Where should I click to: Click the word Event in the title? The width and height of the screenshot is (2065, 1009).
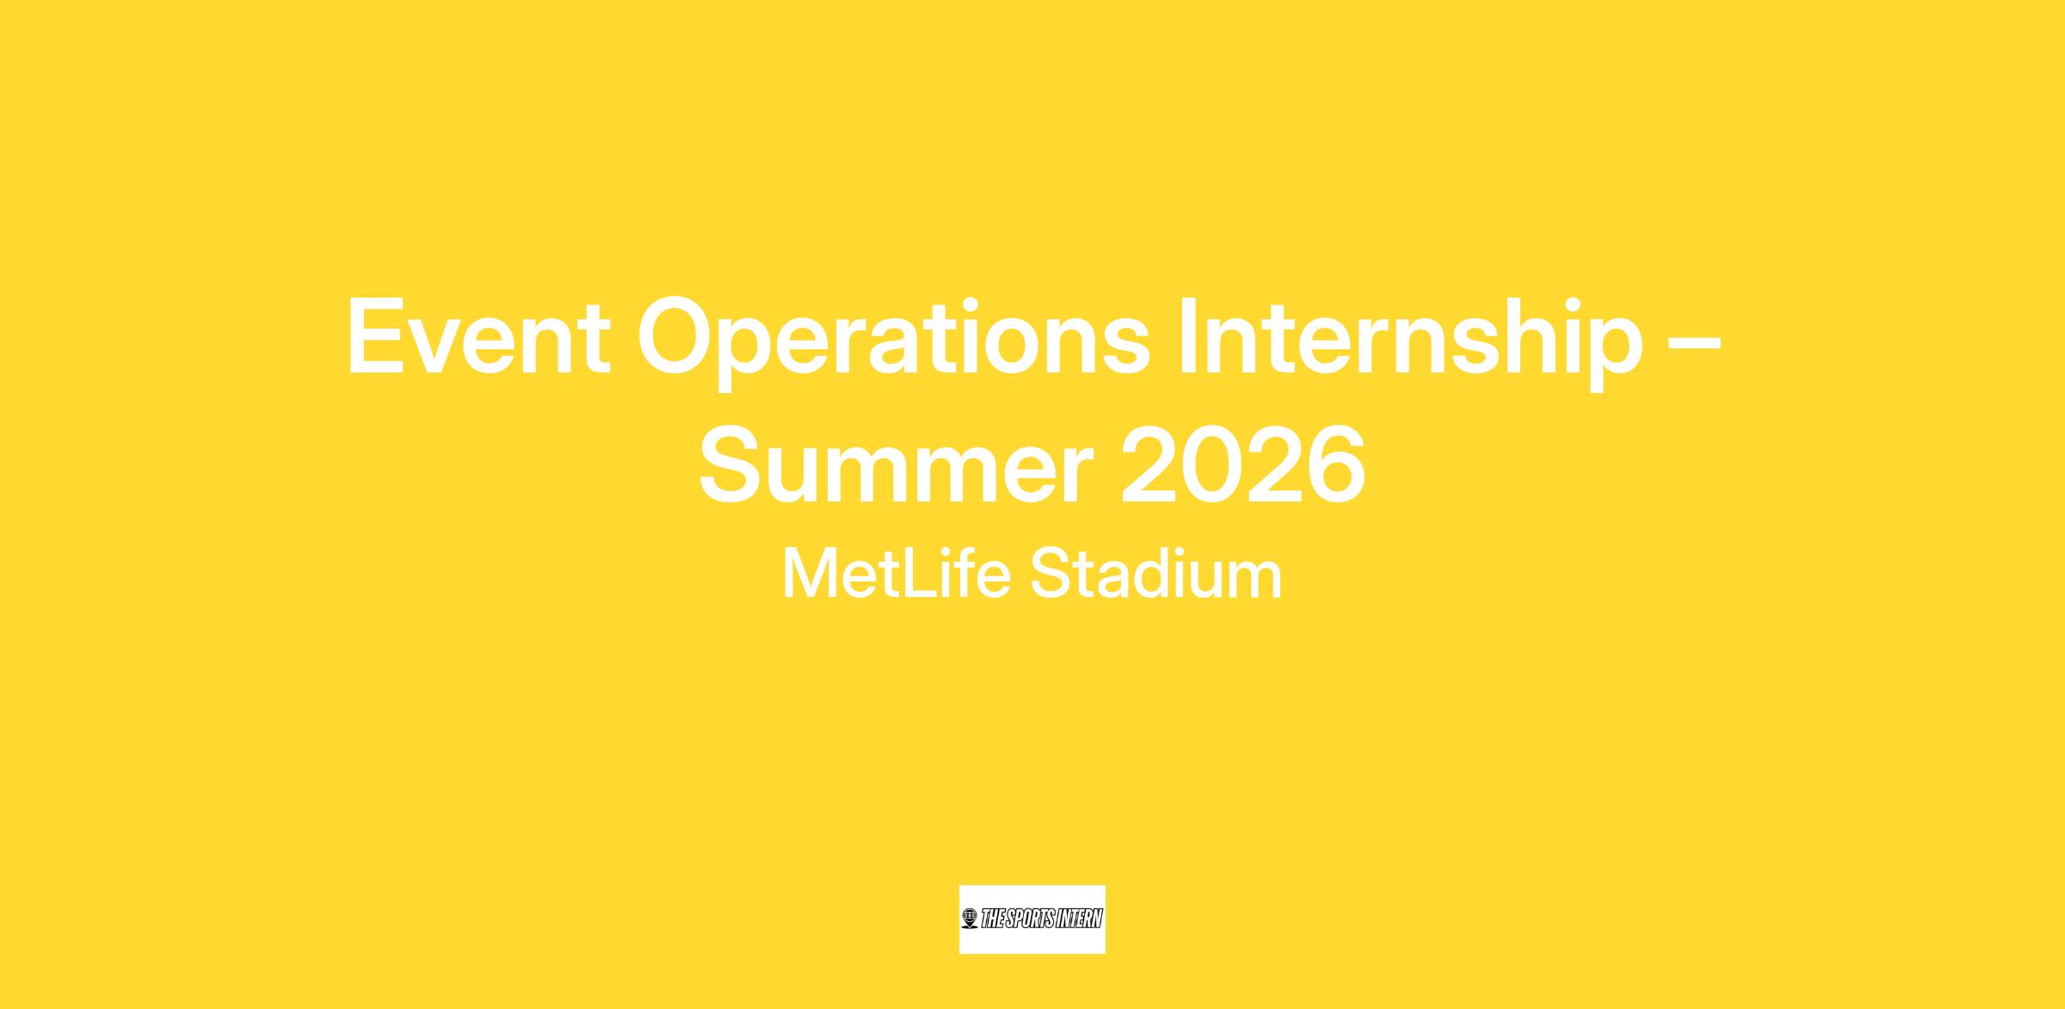point(478,336)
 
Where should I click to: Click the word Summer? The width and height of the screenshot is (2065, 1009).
point(896,465)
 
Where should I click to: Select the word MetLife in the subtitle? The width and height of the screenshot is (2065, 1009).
point(896,574)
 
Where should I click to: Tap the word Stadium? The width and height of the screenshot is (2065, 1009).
point(1156,574)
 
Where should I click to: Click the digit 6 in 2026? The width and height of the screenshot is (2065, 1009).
point(1336,465)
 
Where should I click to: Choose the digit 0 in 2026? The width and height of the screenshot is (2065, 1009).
point(1211,465)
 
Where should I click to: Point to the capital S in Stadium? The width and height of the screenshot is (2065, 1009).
point(1050,574)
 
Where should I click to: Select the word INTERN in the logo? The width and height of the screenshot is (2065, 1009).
point(1082,920)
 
